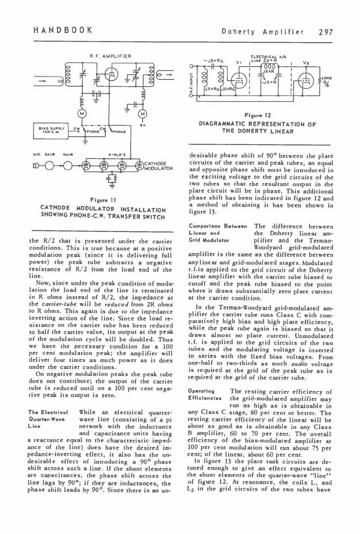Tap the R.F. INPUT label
pos(192,84)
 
